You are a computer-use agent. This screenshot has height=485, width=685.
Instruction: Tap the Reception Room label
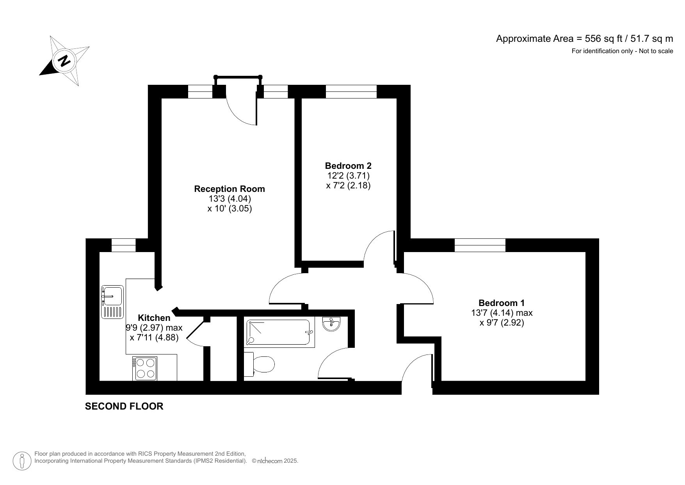(x=230, y=189)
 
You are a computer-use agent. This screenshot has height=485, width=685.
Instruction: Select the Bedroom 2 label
(x=348, y=166)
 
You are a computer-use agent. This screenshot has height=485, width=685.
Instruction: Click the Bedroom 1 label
(x=502, y=303)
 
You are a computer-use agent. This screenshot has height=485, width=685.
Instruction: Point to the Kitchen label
(x=154, y=318)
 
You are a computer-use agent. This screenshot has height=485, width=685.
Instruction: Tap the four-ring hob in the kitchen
(x=145, y=368)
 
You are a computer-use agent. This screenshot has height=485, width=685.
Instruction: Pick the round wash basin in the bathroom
(x=331, y=324)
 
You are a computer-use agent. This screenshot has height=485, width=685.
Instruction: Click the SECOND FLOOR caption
(x=124, y=406)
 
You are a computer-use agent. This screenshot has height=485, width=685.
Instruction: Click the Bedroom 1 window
(x=480, y=245)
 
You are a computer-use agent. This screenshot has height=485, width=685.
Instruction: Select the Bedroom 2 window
(x=351, y=92)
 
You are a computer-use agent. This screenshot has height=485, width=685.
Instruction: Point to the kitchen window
(x=123, y=245)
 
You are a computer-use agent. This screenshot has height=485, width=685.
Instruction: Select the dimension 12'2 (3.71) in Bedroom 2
(x=348, y=175)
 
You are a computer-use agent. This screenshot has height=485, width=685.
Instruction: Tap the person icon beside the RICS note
(x=22, y=461)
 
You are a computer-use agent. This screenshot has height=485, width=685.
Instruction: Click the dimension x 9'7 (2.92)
(x=502, y=323)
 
